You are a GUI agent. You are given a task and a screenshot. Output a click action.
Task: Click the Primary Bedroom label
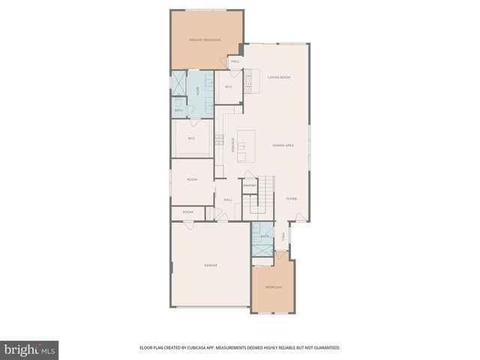pyautogui.click(x=204, y=40)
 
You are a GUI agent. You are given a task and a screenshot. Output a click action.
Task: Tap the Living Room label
pyautogui.click(x=279, y=77)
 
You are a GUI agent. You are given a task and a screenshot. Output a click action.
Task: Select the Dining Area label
pyautogui.click(x=283, y=144)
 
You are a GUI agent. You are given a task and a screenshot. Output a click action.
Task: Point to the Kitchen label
pyautogui.click(x=234, y=145)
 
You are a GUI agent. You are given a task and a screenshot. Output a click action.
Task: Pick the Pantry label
pyautogui.click(x=250, y=185)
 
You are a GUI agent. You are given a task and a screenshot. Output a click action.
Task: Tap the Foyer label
pyautogui.click(x=292, y=199)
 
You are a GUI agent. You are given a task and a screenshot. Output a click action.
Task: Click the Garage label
pyautogui.click(x=211, y=265)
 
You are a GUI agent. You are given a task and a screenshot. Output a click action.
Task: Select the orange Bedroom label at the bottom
pyautogui.click(x=273, y=287)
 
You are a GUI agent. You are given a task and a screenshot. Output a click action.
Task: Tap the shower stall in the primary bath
pyautogui.click(x=179, y=84)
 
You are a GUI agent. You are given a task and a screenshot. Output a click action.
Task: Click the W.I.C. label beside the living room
pyautogui.click(x=228, y=87)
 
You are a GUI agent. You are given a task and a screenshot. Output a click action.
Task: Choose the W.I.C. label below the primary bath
pyautogui.click(x=191, y=138)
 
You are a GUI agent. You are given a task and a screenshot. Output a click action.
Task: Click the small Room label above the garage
pyautogui.click(x=187, y=212)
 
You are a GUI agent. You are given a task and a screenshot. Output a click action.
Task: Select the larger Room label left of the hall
pyautogui.click(x=192, y=180)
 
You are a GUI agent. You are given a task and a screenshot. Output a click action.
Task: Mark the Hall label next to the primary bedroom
pyautogui.click(x=235, y=61)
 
